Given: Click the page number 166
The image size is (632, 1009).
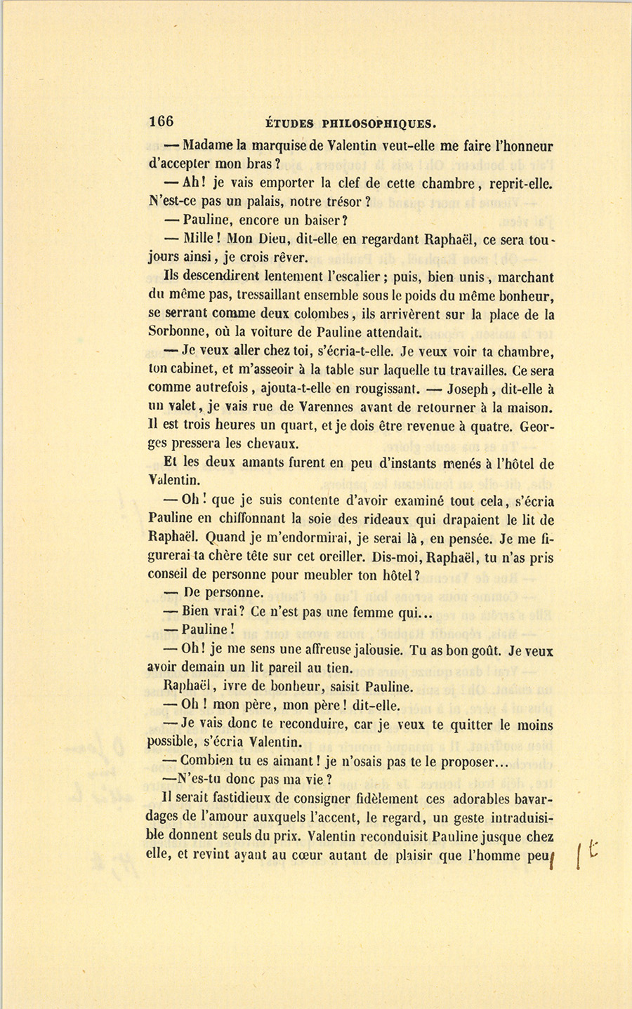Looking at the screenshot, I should (161, 121).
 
